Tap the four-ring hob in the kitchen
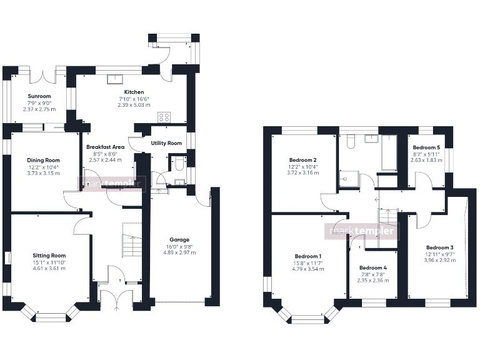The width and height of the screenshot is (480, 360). [165, 117]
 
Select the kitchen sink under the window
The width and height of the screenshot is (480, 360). [117, 79]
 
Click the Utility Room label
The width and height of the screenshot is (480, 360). [166, 143]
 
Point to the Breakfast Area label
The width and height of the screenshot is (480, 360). [109, 147]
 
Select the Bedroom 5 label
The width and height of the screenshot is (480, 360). [426, 148]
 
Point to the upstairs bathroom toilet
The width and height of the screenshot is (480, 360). [350, 141]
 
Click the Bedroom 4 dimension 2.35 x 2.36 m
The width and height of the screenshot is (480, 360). [373, 281]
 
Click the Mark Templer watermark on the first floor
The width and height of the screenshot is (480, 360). [363, 231]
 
